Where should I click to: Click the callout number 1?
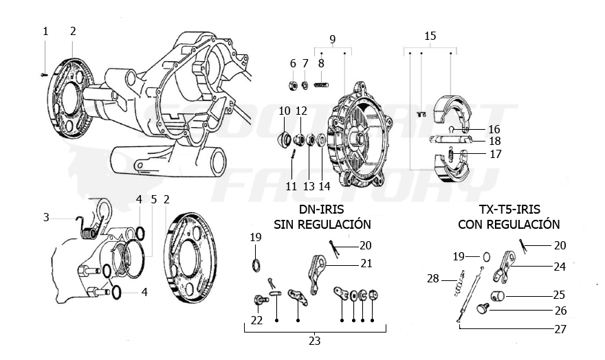click(45, 31)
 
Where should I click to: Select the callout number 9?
click(332, 38)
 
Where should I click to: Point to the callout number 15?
click(430, 36)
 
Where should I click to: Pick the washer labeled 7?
click(305, 85)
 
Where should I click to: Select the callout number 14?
click(324, 186)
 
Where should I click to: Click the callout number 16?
click(495, 128)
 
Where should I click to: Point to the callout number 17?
click(495, 155)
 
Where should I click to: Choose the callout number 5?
click(153, 199)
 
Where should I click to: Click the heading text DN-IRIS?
click(322, 210)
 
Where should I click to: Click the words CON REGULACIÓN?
click(509, 225)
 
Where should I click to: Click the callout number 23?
click(315, 340)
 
